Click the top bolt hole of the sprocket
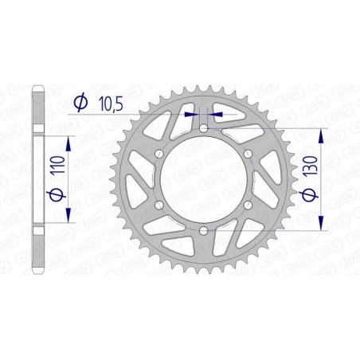coord(203,127)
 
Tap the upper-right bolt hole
coord(248,153)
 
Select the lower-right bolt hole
coord(248,205)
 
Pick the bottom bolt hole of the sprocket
coord(203,230)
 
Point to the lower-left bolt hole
coord(158,205)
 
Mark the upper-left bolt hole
coord(158,153)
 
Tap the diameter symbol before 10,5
coord(80,102)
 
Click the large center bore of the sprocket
coord(203,179)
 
